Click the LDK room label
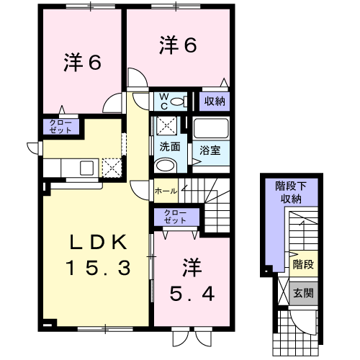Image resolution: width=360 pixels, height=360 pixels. (x=99, y=242)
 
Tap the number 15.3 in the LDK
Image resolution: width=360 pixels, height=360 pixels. (x=99, y=268)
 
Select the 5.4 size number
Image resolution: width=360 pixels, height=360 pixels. (x=192, y=294)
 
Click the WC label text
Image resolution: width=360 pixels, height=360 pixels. (x=164, y=102)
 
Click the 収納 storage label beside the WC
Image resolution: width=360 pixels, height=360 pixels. (x=215, y=102)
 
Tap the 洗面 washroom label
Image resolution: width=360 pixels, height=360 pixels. (x=170, y=146)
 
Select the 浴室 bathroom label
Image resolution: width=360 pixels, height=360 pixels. (x=210, y=150)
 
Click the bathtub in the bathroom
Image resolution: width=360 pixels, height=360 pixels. (x=211, y=128)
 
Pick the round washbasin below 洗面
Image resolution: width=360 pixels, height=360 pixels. (x=166, y=165)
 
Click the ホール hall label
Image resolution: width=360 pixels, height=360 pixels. (x=166, y=192)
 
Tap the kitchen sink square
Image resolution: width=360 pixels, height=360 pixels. (x=86, y=168)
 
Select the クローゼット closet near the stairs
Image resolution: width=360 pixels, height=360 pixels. (x=176, y=217)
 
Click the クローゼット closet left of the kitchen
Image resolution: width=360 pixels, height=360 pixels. (x=60, y=127)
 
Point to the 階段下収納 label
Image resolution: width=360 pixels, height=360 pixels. (x=291, y=192)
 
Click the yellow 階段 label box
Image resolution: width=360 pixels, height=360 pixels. (x=304, y=264)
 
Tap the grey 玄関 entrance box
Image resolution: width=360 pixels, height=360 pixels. (x=304, y=293)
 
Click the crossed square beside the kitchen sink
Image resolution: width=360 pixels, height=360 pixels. (x=112, y=168)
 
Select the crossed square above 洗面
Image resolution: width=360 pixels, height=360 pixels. (x=166, y=126)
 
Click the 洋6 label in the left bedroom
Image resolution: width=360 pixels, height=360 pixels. (x=83, y=63)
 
